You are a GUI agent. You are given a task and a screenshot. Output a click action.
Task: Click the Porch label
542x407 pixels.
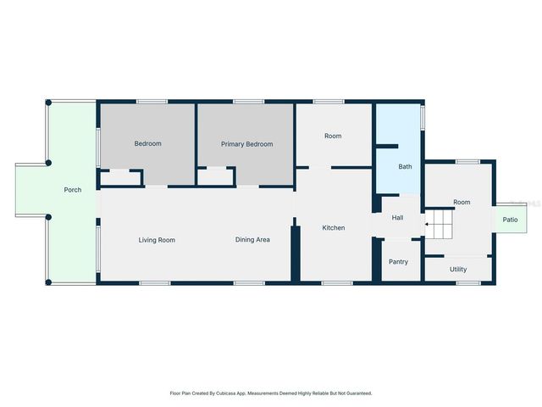coord(73,190)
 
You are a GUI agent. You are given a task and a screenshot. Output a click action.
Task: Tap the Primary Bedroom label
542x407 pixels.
coord(246,144)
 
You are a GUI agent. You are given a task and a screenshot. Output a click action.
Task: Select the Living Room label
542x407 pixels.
coord(157,240)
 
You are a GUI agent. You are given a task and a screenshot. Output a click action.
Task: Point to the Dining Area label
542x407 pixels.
coord(252,240)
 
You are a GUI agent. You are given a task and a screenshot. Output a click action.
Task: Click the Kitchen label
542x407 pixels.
coord(333,227)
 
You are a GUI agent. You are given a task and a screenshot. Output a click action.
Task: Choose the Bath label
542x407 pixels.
coord(406,166)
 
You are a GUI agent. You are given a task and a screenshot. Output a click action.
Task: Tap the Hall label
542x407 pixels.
coord(397,218)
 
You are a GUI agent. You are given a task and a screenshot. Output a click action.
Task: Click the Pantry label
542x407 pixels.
coord(398,261)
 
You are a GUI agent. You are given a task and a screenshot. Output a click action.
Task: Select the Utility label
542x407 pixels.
coord(458,269)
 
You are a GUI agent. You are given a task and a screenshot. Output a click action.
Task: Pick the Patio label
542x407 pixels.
coord(510,220)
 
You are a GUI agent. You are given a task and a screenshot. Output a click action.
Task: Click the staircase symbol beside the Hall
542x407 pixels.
coord(440,225)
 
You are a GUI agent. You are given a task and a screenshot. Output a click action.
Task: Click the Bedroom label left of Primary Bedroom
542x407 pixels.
coord(147,143)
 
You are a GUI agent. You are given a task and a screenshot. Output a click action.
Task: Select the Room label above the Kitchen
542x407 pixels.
coord(333,136)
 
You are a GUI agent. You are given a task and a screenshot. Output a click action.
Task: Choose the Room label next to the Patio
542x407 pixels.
coord(462,202)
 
